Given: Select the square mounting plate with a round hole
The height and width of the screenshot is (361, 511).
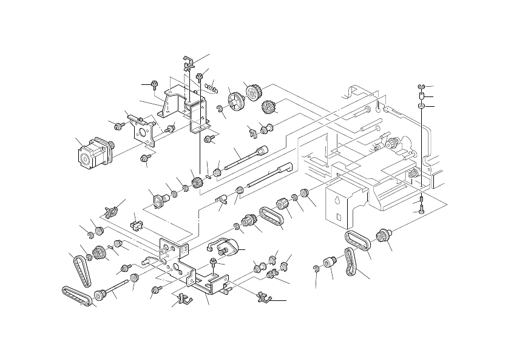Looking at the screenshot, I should (x=144, y=129).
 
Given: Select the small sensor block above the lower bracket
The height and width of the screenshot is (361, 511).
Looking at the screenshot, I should (x=137, y=225).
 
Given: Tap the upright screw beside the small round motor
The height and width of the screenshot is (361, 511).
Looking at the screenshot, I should (x=214, y=262).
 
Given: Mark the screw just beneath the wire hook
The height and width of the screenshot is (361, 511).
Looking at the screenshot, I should (x=200, y=76).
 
